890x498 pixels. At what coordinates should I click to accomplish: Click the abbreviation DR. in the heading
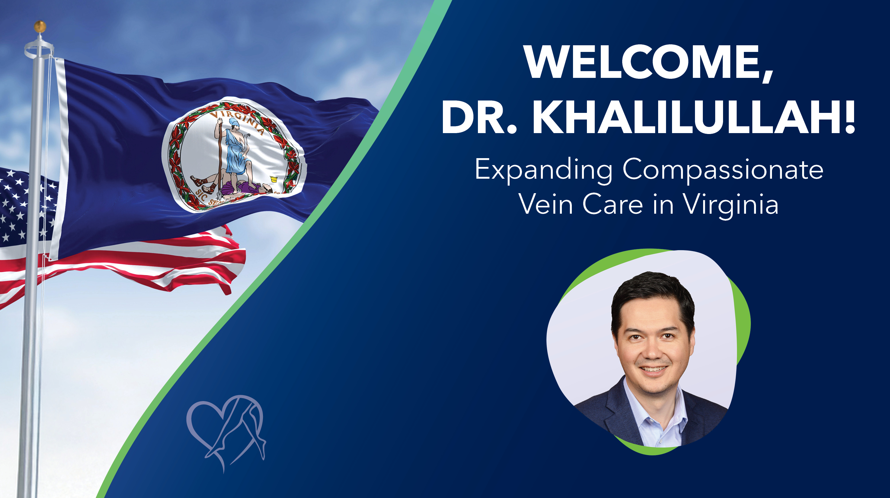[x=479, y=117]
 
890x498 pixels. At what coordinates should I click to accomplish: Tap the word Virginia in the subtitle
[x=731, y=204]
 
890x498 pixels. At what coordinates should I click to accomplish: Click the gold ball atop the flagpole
[x=40, y=26]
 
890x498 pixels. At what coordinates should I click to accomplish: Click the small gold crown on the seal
[x=274, y=179]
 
